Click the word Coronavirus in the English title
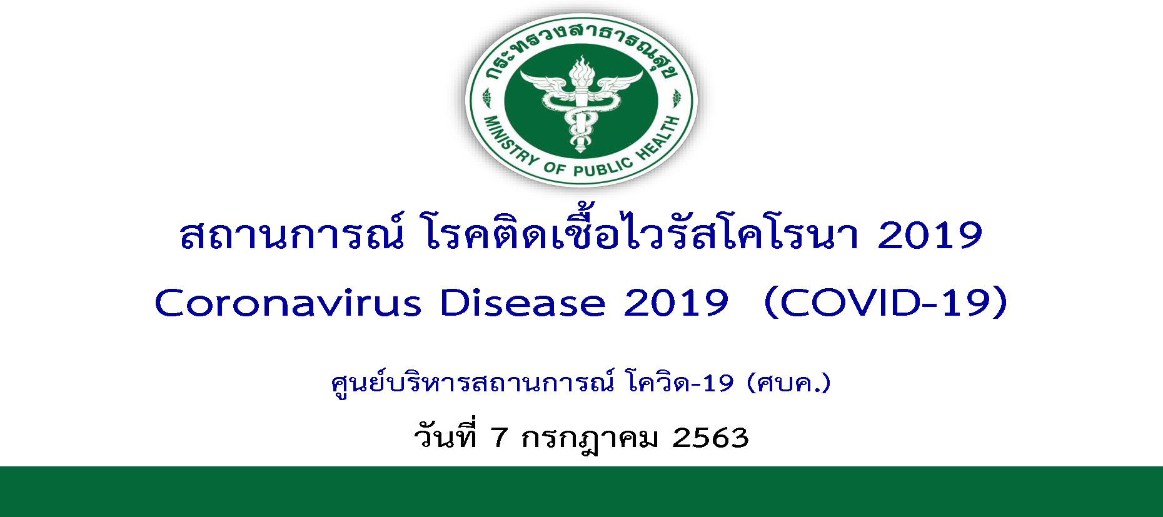click(x=288, y=303)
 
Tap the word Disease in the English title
click(x=523, y=303)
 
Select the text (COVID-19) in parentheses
click(x=886, y=303)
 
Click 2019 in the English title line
click(x=676, y=303)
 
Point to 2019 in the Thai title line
click(x=930, y=236)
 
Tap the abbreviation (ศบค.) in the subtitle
click(x=789, y=383)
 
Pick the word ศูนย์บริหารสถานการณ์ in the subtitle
click(x=473, y=382)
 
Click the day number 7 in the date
click(x=498, y=438)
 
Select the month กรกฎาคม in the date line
click(x=590, y=439)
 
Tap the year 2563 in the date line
click(x=710, y=438)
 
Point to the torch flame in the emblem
click(x=581, y=70)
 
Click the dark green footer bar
click(x=581, y=491)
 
